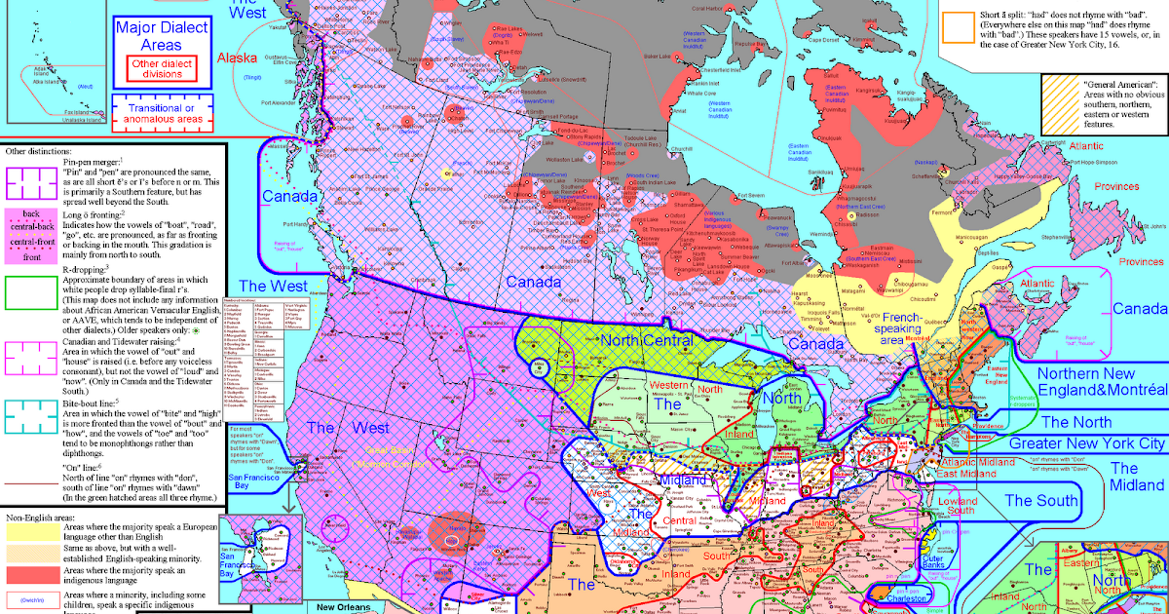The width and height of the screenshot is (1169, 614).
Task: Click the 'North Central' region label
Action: pyautogui.click(x=644, y=341)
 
